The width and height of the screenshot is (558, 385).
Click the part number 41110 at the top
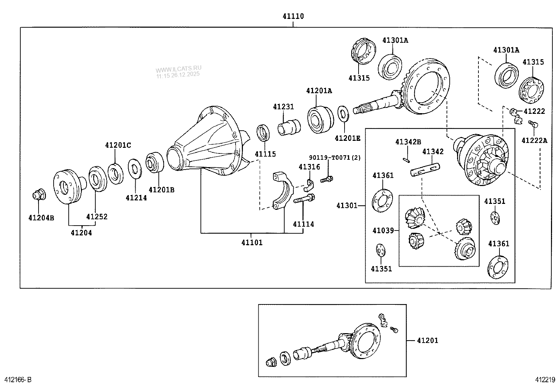[293, 16]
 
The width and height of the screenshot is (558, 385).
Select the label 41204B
[41, 218]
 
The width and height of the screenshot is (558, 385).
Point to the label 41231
[284, 107]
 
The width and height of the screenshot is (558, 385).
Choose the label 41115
[265, 154]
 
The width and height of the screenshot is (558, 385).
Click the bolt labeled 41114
[304, 201]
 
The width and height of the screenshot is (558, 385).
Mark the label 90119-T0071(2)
[334, 158]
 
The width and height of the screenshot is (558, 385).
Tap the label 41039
[383, 231]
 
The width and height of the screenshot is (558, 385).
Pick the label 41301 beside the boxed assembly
[347, 205]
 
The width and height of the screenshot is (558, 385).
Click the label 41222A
[534, 140]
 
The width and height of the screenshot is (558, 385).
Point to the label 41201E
[347, 138]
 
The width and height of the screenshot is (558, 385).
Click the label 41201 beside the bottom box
[427, 340]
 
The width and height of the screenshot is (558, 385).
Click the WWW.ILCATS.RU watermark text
[179, 69]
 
